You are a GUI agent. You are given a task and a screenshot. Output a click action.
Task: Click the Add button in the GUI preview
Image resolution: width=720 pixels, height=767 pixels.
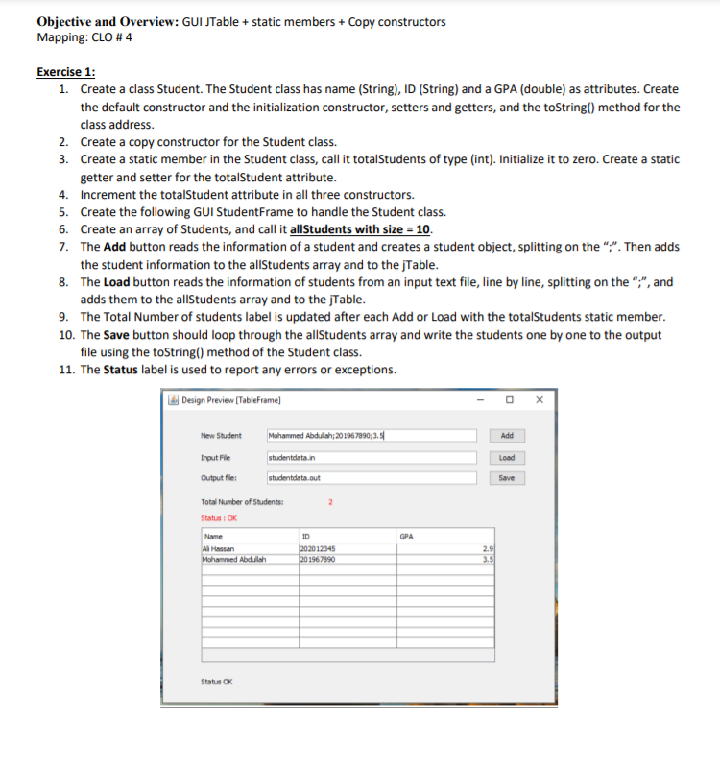[507, 436]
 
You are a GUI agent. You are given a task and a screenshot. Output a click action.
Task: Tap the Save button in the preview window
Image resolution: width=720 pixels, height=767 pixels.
[507, 477]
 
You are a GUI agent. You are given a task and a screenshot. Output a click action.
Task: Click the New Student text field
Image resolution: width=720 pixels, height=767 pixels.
[371, 436]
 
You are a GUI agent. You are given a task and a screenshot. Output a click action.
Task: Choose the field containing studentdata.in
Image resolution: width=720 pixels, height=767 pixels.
[371, 457]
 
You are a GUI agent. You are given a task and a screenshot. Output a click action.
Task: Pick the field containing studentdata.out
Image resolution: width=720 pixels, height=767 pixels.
[371, 477]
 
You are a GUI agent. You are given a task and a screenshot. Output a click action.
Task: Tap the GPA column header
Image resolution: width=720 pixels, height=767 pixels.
[407, 536]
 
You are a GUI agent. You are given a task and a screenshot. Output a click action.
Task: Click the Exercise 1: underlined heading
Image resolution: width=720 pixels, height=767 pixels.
[65, 72]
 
